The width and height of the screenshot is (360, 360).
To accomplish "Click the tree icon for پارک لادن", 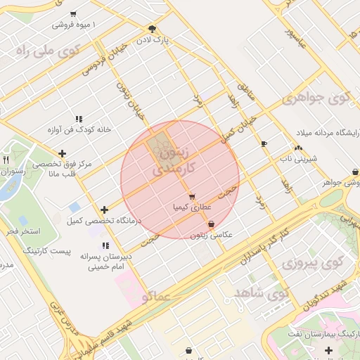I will (x=152, y=29).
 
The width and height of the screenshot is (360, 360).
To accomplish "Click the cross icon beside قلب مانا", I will (x=63, y=153).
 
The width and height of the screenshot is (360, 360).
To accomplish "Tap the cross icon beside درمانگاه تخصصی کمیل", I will (x=104, y=210).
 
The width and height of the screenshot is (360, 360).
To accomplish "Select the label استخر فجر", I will (x=22, y=231).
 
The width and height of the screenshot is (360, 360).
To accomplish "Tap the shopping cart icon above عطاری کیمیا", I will (x=191, y=196).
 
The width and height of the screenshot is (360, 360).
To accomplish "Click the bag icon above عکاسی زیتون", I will (x=211, y=224).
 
